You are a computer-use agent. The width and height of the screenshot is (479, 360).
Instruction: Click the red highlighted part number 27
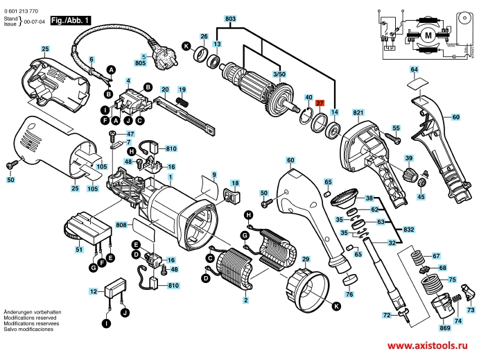click(x=320, y=103)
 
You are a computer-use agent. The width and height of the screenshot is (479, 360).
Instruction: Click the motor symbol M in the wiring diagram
click(x=428, y=34)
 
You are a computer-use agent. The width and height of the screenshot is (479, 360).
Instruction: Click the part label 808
click(x=121, y=225)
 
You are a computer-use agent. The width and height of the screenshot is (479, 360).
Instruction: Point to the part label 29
click(x=306, y=259)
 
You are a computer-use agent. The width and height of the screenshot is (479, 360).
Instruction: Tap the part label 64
click(x=414, y=70)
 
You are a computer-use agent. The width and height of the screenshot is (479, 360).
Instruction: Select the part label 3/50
click(x=278, y=74)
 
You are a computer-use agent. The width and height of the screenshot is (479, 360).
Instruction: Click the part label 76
click(x=349, y=295)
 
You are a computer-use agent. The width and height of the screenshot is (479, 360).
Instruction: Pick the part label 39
click(x=408, y=157)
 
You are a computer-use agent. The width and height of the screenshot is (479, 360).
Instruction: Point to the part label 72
click(x=387, y=315)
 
